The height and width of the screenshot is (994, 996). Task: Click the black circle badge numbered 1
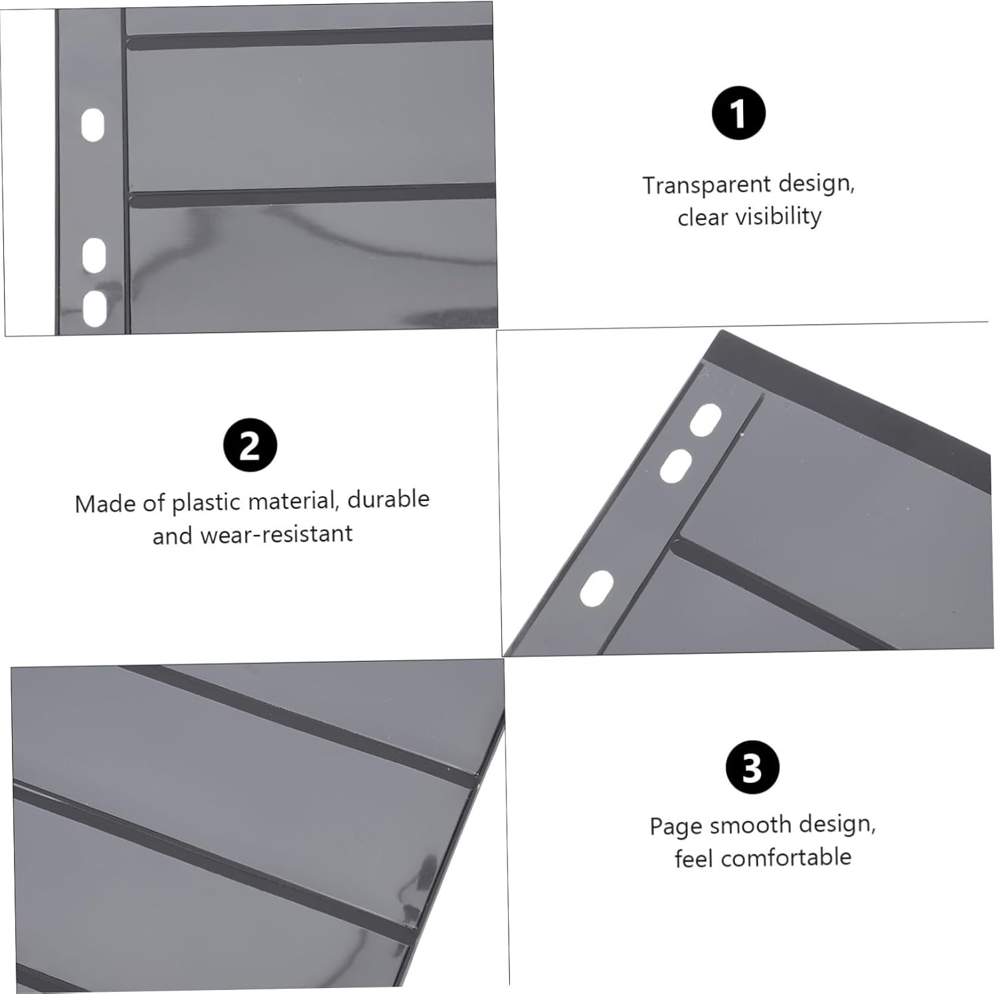(738, 113)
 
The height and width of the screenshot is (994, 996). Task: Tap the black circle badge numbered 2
(250, 445)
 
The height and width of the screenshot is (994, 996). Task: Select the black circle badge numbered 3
(752, 767)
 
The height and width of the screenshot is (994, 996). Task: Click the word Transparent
(706, 185)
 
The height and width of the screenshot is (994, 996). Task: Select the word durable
(388, 499)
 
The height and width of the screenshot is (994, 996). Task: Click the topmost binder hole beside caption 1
(93, 126)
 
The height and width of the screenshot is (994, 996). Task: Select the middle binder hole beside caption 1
(94, 255)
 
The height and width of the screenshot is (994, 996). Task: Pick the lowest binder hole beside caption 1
(95, 308)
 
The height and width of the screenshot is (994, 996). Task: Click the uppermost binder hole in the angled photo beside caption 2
(706, 419)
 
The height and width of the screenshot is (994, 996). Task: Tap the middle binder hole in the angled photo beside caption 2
(676, 466)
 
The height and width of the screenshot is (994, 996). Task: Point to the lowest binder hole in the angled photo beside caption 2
(597, 589)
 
